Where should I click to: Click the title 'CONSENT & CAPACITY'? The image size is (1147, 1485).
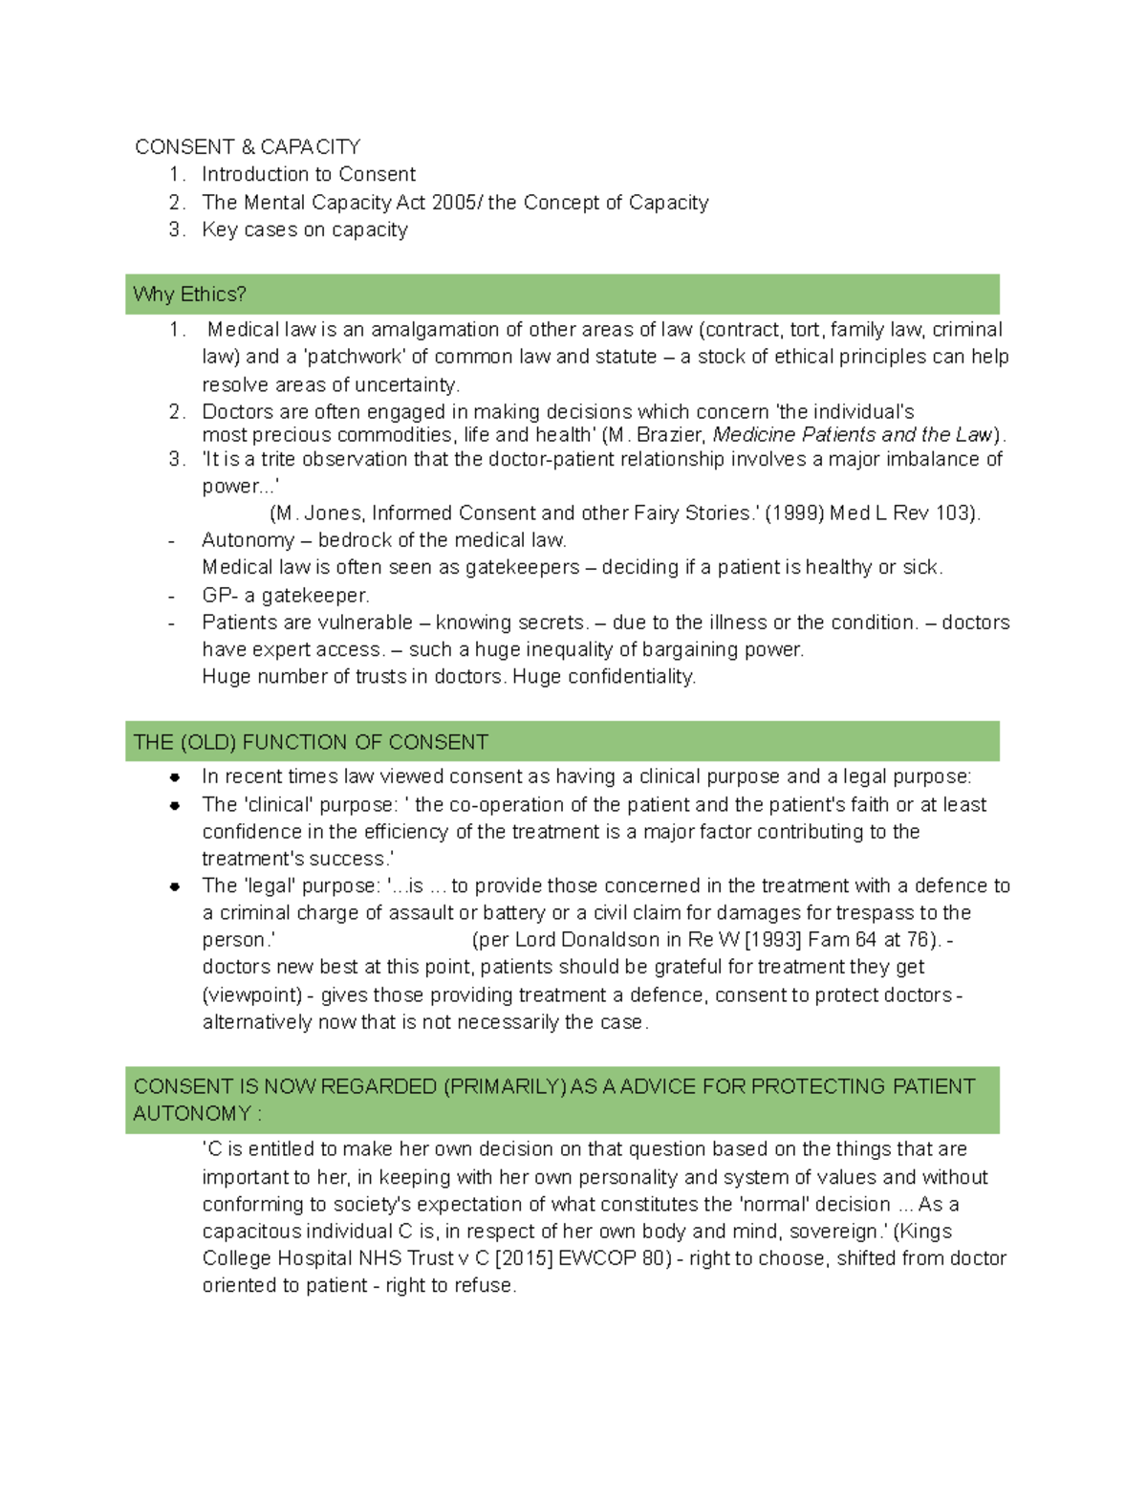[x=248, y=146]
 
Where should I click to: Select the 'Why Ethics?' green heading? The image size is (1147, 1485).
[x=189, y=294]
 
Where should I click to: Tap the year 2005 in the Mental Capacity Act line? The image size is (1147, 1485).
[x=457, y=202]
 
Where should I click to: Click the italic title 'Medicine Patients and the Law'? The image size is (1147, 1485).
[x=854, y=434]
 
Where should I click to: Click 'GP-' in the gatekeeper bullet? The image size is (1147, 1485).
[x=219, y=595]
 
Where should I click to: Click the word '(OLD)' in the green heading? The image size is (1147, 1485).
[x=207, y=742]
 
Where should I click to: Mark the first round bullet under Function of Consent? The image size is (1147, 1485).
[x=175, y=777]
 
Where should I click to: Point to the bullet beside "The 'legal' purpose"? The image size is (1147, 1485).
[x=175, y=886]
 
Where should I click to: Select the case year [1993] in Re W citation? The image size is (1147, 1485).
[x=773, y=939]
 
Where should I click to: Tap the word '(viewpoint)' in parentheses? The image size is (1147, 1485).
[x=251, y=994]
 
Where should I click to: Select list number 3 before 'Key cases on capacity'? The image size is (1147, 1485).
[x=176, y=229]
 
